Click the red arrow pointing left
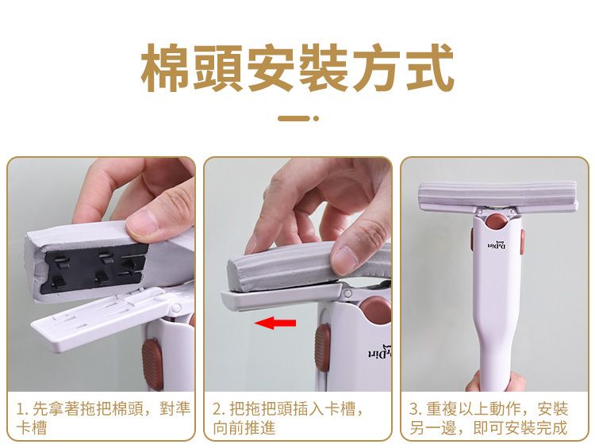275,324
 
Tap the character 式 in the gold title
429,68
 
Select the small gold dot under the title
316,118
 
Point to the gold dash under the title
294,118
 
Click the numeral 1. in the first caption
22,409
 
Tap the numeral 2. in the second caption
219,409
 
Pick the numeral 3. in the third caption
416,409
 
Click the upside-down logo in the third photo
497,246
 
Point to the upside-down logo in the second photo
380,351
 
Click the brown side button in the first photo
152,363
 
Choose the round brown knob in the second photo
376,310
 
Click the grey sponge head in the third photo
498,197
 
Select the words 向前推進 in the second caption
244,428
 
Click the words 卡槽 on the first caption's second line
32,428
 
